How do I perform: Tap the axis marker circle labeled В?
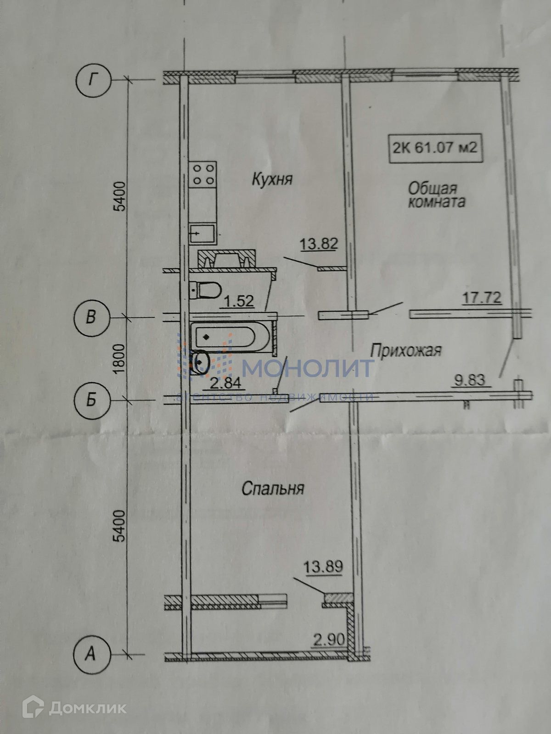(91, 317)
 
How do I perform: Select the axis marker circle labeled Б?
(91, 400)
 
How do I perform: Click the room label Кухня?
(272, 179)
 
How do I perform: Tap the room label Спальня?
(273, 489)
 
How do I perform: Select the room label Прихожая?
(405, 351)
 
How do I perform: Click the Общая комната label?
(436, 195)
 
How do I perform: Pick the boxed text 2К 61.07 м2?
(436, 148)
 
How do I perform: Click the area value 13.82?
(319, 244)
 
